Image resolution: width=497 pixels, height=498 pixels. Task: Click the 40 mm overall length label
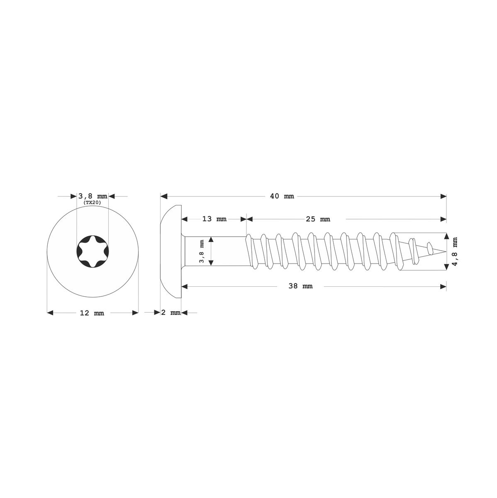(x=282, y=196)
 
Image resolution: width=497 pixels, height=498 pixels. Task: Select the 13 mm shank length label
(x=214, y=219)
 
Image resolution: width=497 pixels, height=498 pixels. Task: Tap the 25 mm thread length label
(x=318, y=219)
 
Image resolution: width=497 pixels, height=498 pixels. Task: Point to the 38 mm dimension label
(x=301, y=286)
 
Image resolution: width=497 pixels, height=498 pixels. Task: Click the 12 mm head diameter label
(x=92, y=313)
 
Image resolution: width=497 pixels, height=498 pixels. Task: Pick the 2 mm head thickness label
(x=171, y=312)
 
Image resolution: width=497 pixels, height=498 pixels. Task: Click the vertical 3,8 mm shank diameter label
(x=202, y=251)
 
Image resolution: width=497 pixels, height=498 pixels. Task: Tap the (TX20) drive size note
(x=92, y=203)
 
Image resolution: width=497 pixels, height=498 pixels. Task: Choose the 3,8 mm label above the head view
(x=93, y=196)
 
